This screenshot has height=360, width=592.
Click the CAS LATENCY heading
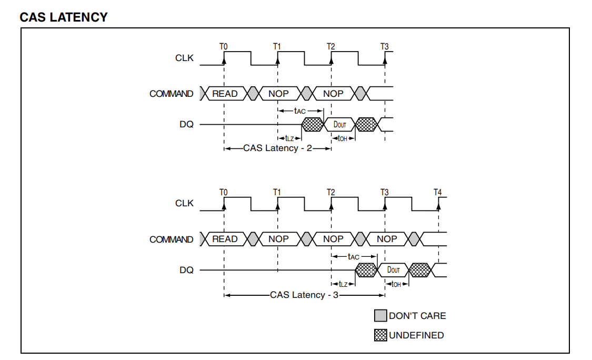[64, 17]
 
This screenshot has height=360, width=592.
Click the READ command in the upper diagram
[225, 94]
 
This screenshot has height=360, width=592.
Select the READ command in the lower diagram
[225, 239]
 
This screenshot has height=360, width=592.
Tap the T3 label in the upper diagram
[385, 47]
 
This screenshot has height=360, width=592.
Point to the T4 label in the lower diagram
[438, 192]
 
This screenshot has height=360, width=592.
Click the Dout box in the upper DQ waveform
[340, 125]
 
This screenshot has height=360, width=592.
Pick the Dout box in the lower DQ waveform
[394, 270]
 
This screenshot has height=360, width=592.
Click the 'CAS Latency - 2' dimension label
[277, 148]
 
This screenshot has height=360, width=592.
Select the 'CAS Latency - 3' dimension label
[304, 295]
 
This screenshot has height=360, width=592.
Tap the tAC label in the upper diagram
[299, 111]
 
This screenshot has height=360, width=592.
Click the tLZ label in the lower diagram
[343, 284]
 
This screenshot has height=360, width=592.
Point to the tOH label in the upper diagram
[343, 139]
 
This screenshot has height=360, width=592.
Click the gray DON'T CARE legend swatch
[380, 316]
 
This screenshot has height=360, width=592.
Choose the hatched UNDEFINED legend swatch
[380, 335]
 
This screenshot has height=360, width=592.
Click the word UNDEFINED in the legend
[416, 335]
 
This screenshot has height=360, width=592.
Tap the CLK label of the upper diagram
[184, 58]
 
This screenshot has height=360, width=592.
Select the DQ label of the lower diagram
[186, 270]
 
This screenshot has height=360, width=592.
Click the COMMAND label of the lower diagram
[171, 239]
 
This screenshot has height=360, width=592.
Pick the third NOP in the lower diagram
[387, 239]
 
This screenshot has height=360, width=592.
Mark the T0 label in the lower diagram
[224, 192]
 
